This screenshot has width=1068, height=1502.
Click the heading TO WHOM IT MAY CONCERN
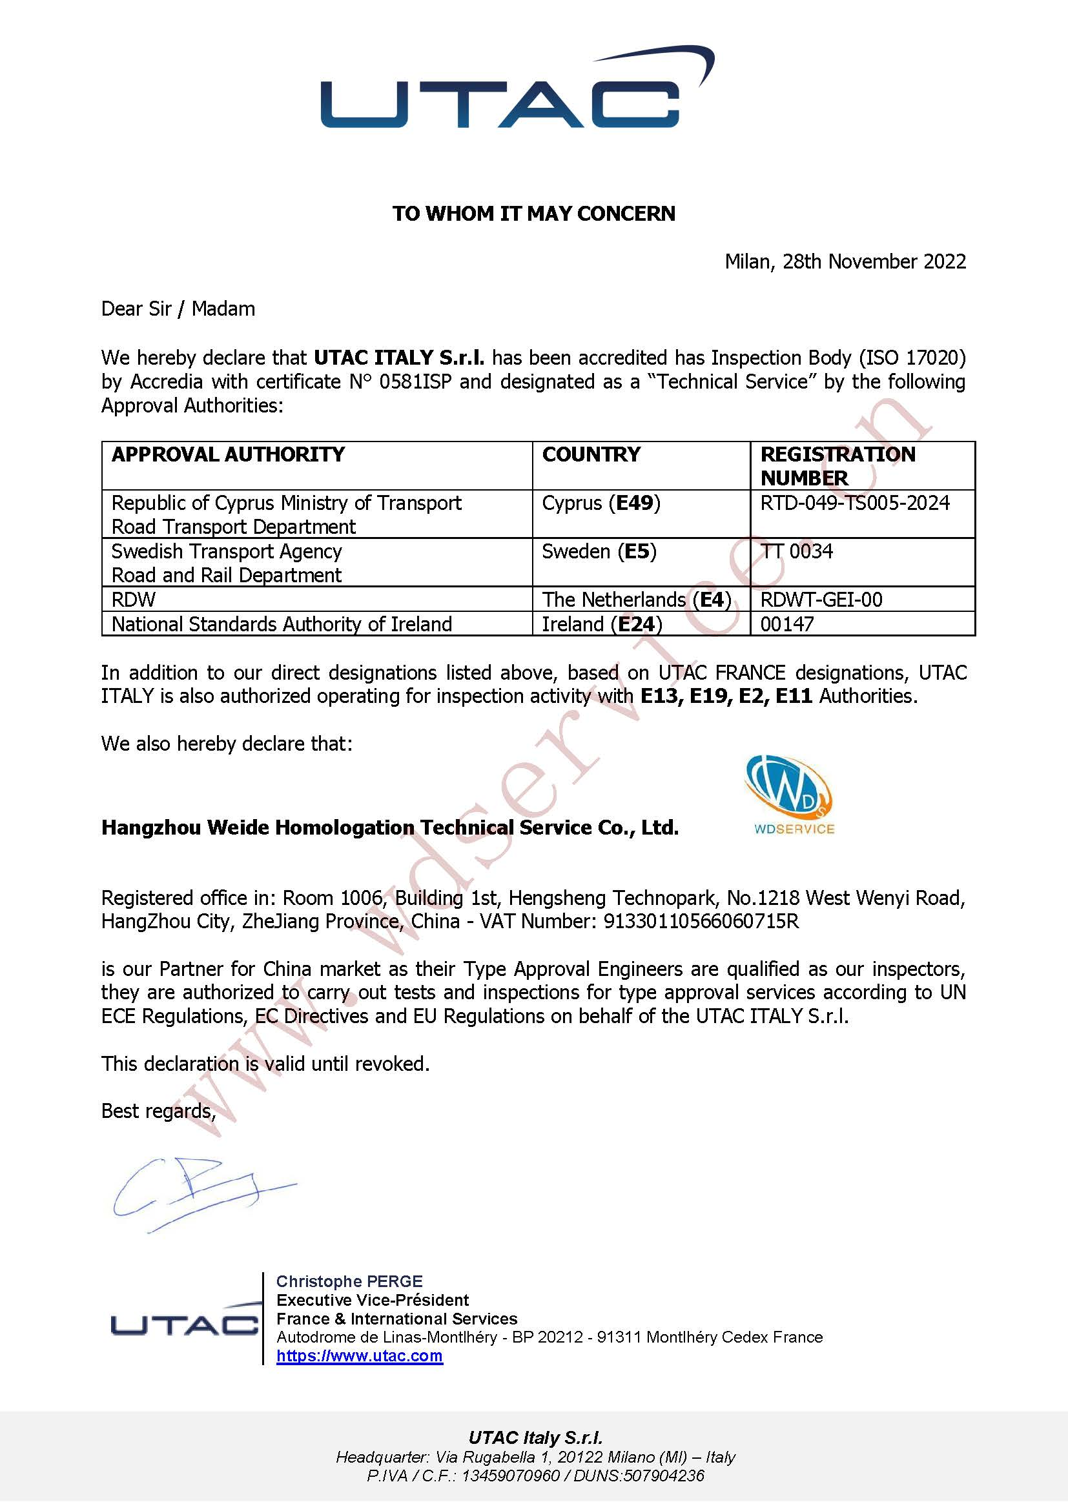pos(533,214)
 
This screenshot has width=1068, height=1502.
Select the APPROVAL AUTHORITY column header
pos(227,454)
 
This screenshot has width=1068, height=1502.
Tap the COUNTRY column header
pos(591,454)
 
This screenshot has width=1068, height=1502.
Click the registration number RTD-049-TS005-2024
pos(854,503)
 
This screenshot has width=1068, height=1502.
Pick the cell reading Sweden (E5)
pos(599,551)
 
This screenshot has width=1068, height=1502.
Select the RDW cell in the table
pos(134,600)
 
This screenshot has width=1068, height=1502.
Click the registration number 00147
pos(786,624)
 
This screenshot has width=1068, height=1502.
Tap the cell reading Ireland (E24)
pos(601,624)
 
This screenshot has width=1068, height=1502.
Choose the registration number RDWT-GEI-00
pos(821,600)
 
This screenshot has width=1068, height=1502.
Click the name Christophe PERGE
pos(349,1281)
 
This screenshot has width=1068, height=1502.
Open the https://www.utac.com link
pos(359,1356)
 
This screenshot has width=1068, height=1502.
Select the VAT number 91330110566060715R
pos(701,922)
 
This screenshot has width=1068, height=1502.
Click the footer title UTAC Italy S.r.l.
pos(535,1437)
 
